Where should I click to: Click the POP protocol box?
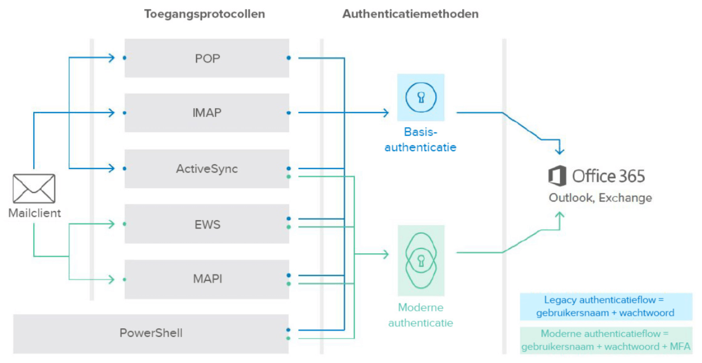pos(207,58)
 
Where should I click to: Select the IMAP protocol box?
pos(207,113)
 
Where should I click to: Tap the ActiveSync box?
pos(207,168)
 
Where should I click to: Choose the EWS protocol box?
pos(207,224)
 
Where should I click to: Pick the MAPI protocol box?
pos(207,279)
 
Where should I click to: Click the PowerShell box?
pos(151,333)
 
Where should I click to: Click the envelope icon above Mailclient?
pos(34,189)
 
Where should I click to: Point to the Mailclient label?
pos(34,213)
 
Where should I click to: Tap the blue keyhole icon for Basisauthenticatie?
pos(420,97)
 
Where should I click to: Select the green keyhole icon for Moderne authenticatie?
pos(420,260)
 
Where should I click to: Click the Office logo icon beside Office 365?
pos(557,177)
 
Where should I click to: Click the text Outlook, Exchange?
pos(600,198)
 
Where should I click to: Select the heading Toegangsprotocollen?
pos(205,14)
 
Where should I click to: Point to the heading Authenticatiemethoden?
pos(410,14)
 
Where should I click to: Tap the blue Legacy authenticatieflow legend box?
pos(605,307)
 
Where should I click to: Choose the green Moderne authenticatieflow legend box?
pos(605,341)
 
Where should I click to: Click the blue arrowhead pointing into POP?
pos(112,58)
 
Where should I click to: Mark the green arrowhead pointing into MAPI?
pos(112,280)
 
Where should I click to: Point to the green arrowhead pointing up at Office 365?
pos(560,216)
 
